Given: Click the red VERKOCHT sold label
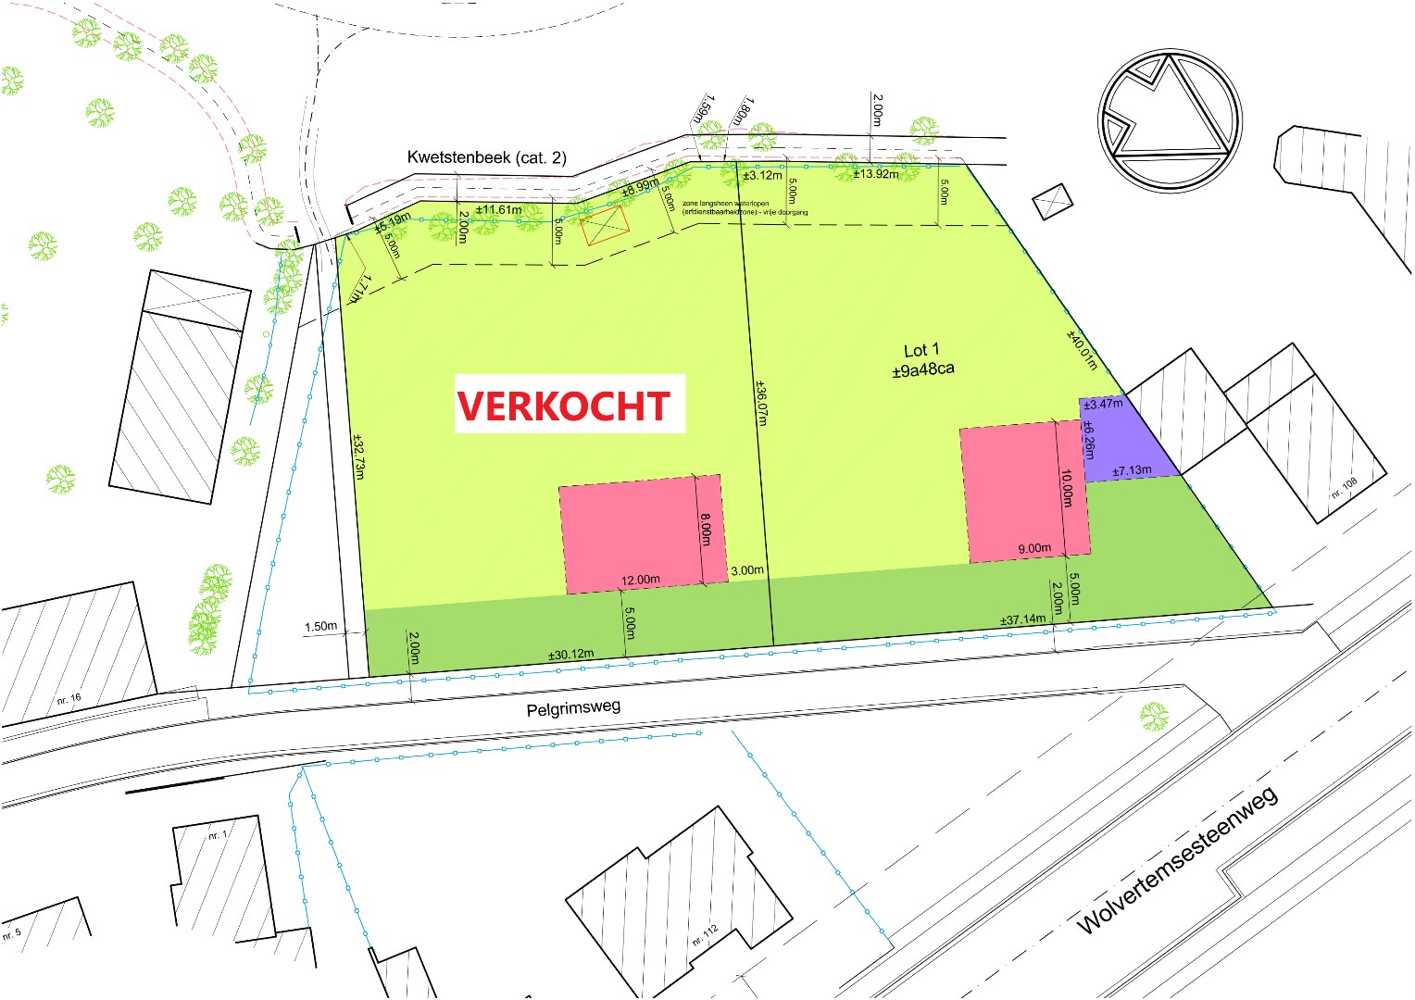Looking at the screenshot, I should (563, 406).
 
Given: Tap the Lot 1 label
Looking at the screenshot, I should (921, 350).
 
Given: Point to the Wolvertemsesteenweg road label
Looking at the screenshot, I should (1177, 860).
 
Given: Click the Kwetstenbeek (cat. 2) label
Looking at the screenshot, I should (486, 157).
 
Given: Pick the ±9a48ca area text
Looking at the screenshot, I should (922, 369).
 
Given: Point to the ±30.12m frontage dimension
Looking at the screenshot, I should (570, 655).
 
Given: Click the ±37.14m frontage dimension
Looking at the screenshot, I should (1022, 619).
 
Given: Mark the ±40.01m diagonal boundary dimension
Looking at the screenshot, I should (1082, 350).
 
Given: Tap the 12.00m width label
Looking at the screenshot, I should (641, 581).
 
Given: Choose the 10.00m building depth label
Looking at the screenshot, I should (1067, 488).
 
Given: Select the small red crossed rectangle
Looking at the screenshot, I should (605, 226).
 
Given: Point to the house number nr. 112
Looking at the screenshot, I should (705, 935).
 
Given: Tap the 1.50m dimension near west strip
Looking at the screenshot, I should (320, 627).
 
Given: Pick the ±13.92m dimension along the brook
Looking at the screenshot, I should (875, 174).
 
